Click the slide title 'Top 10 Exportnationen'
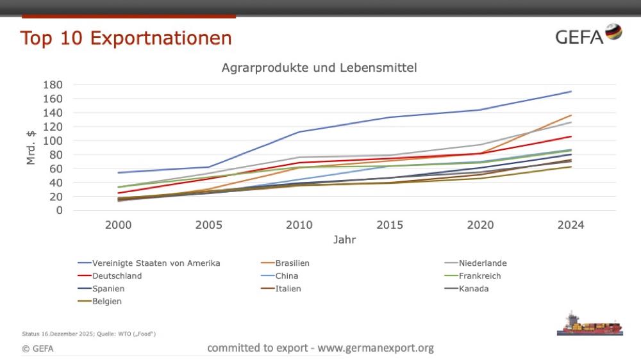(x=126, y=38)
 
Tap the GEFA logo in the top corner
(x=588, y=35)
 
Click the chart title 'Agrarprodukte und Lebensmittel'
(x=319, y=67)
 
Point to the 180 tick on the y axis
(x=53, y=85)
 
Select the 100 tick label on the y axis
(x=53, y=140)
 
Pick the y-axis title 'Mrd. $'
(x=31, y=147)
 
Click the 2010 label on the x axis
(x=299, y=225)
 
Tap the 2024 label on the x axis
(x=570, y=225)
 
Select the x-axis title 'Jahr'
(x=344, y=240)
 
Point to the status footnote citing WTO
(x=89, y=334)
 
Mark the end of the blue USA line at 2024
(x=570, y=92)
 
